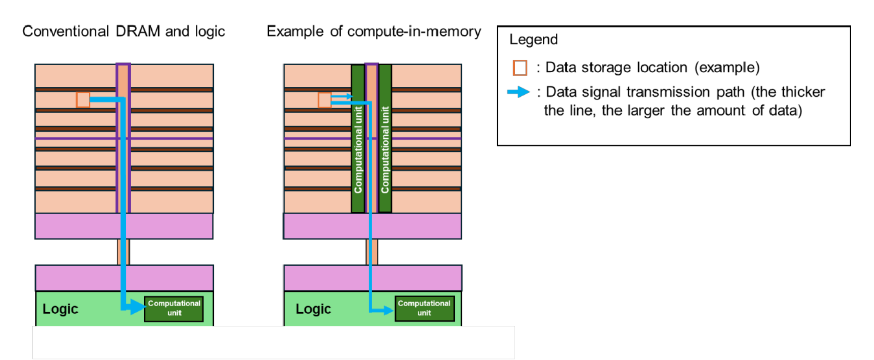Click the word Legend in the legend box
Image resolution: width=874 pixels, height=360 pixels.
point(533,40)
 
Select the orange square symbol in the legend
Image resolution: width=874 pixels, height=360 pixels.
point(520,68)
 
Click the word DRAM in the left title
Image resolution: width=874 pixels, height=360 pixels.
point(138,31)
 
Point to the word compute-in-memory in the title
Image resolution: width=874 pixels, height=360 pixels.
point(414,31)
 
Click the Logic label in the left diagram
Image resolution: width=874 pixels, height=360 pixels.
point(60,309)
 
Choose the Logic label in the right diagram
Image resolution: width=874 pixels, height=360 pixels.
point(313,309)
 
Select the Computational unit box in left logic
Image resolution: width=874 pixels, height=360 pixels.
point(174,308)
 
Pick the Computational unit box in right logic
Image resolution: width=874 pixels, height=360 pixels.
point(424,308)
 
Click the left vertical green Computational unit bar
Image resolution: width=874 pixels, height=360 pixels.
point(358,148)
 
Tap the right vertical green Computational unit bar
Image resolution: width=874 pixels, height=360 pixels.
point(385,148)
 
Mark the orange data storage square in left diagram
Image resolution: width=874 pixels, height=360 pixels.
point(83,99)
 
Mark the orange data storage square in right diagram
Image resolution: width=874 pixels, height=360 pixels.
point(324,99)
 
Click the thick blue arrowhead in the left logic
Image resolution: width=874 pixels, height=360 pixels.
point(137,306)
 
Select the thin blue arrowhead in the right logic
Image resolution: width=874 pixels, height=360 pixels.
point(389,310)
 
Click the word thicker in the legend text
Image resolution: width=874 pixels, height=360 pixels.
point(806,92)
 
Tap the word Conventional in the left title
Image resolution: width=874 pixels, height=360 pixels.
point(65,31)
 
